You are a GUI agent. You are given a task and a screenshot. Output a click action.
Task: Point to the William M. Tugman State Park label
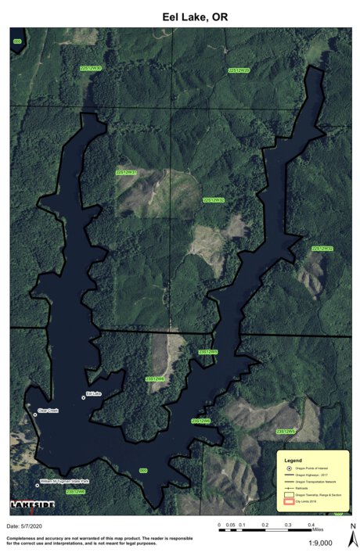click(x=64, y=481)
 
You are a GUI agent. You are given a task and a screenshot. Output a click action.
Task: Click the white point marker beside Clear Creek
click(x=35, y=414)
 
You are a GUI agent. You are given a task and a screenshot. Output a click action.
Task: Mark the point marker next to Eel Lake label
click(x=84, y=398)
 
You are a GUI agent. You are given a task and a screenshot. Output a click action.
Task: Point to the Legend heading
click(x=293, y=461)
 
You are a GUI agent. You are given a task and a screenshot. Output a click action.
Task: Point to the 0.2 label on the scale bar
click(x=265, y=525)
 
